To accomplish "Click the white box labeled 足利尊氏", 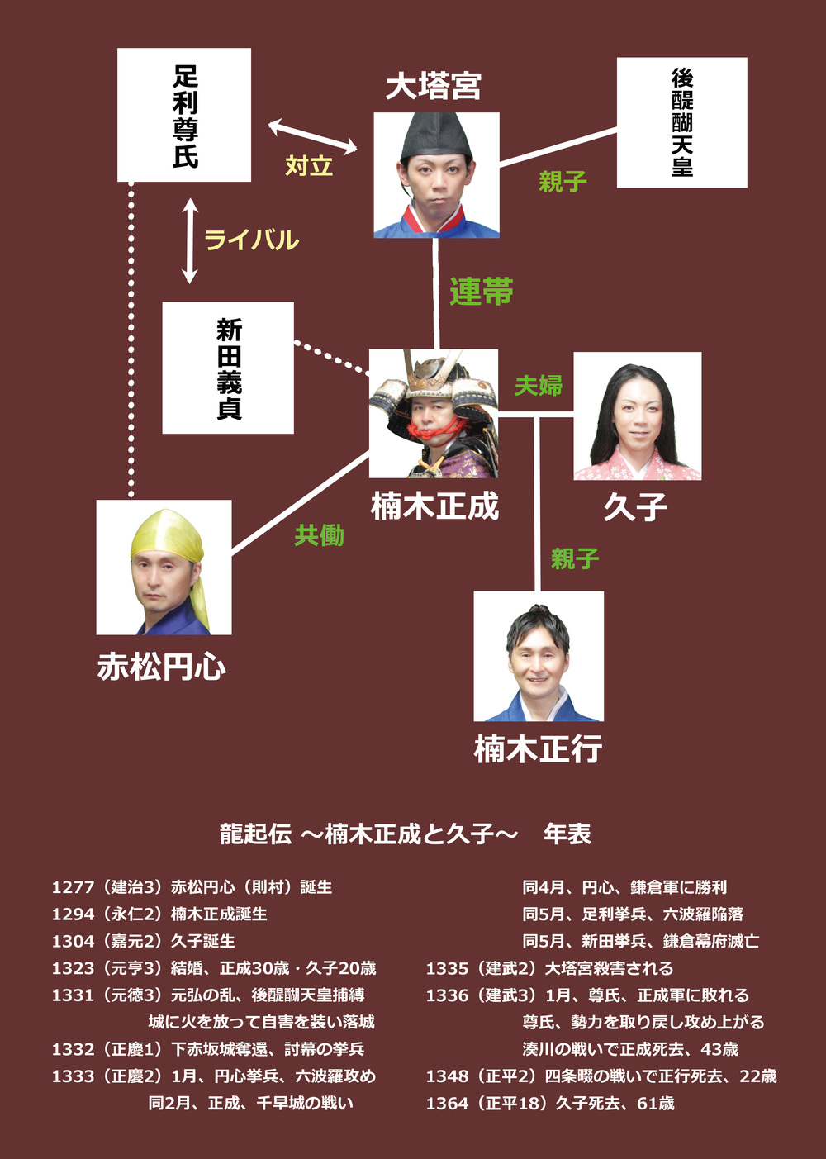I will (184, 115).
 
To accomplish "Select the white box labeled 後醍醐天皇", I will (682, 122).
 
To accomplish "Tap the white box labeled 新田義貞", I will (228, 368).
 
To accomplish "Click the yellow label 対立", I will (309, 166).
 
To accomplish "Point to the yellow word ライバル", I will (251, 240).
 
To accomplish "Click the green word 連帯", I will (482, 292).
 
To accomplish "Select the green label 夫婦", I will (539, 385).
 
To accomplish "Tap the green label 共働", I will (320, 535).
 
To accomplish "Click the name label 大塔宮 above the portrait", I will (433, 86).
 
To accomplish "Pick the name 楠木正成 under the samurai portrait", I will (434, 506).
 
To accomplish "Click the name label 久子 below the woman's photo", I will (635, 506).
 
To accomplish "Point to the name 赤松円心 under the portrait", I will (162, 667).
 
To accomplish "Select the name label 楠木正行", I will (538, 749).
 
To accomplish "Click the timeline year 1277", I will (73, 887).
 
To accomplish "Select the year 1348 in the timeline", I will (447, 1076).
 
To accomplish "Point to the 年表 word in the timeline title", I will (567, 834).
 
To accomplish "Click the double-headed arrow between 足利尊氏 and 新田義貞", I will (190, 240).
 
